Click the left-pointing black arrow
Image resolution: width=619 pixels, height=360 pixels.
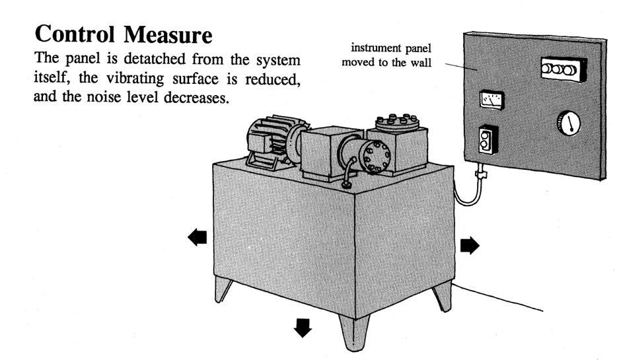(197, 237)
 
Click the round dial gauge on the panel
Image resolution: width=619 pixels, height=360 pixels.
(567, 123)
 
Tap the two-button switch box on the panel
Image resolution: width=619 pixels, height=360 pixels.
(488, 138)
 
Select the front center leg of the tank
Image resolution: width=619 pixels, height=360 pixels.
(353, 333)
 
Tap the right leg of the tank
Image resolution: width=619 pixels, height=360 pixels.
(441, 294)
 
